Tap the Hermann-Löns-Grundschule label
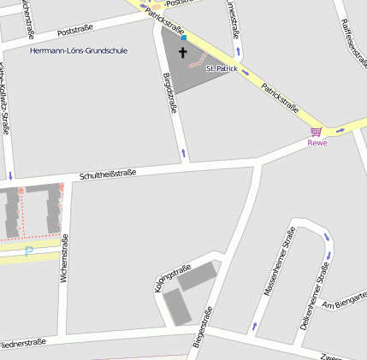[78, 51]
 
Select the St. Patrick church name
[222, 68]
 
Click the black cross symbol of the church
[182, 52]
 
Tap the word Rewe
[317, 143]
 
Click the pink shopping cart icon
[317, 132]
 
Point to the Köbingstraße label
[172, 279]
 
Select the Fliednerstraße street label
[22, 343]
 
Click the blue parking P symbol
[28, 251]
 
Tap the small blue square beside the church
[184, 38]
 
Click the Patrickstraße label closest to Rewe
[280, 97]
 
